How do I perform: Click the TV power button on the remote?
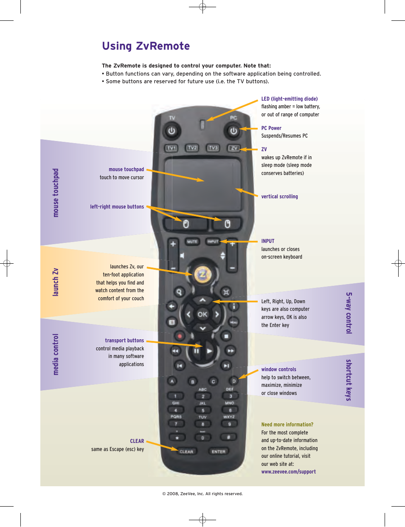click(172, 131)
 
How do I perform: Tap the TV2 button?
click(192, 148)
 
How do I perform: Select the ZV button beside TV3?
click(233, 148)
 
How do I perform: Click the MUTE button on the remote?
click(192, 242)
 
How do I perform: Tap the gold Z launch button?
click(202, 274)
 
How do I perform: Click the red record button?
click(180, 336)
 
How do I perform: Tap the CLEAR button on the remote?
click(186, 451)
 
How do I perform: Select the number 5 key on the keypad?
click(202, 410)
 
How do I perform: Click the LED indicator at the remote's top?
click(202, 124)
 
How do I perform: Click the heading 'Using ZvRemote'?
click(146, 46)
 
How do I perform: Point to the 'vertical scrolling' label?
click(279, 197)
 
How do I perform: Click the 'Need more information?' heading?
click(287, 424)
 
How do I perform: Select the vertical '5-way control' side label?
click(349, 313)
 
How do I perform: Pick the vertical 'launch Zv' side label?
click(56, 282)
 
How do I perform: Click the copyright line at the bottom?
click(202, 493)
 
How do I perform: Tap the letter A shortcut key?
click(172, 381)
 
